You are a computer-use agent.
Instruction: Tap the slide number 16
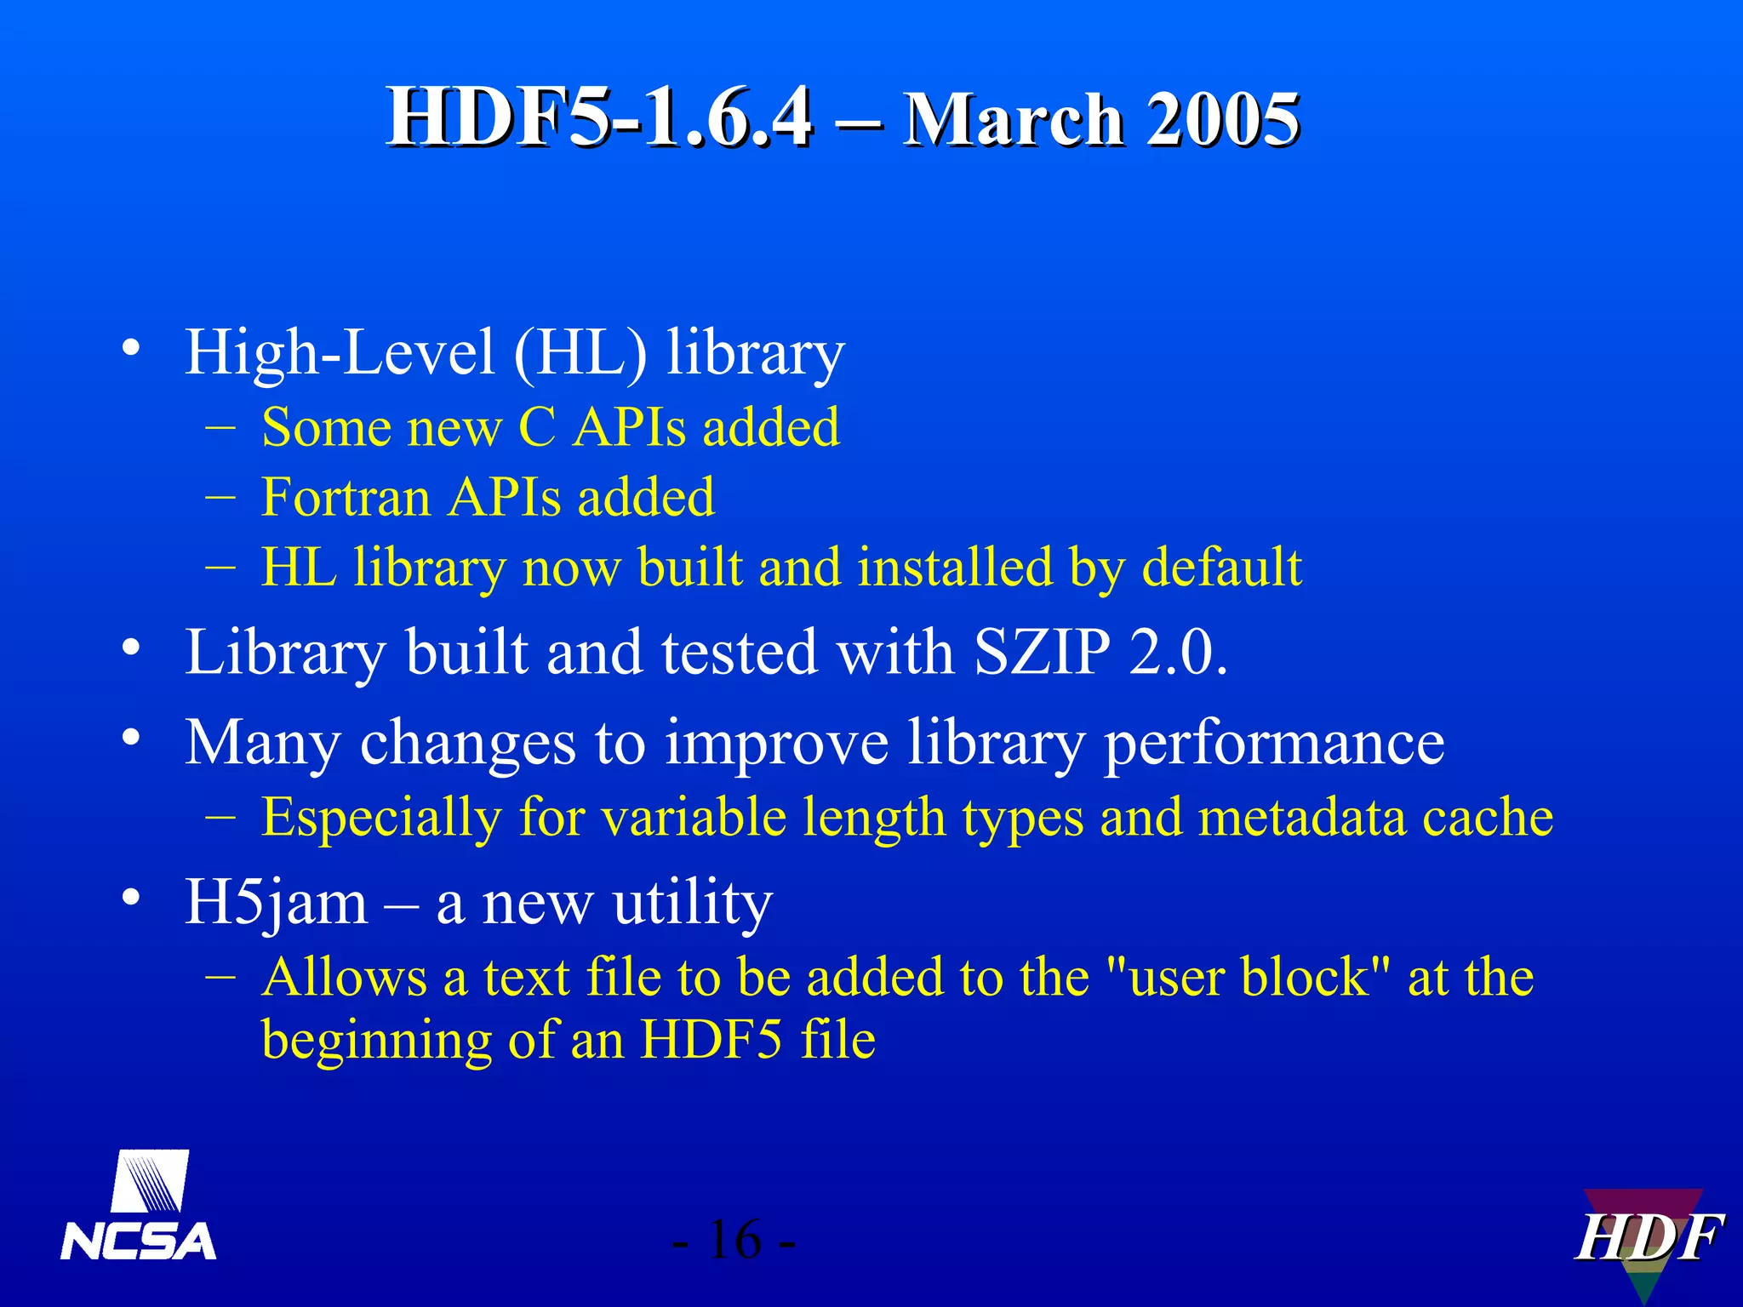(x=734, y=1240)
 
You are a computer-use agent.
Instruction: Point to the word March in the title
(x=1014, y=120)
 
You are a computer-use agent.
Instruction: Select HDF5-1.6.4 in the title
(x=600, y=118)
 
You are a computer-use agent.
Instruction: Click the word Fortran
(x=345, y=497)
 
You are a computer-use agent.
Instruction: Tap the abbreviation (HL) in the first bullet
(x=580, y=352)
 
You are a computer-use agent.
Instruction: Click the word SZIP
(x=1043, y=653)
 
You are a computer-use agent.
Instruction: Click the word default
(x=1221, y=568)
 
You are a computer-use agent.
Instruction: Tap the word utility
(x=692, y=903)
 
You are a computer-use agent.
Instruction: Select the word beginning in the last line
(x=376, y=1040)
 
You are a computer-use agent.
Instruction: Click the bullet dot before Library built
(x=130, y=648)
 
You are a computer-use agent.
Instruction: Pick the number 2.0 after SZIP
(x=1179, y=653)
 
